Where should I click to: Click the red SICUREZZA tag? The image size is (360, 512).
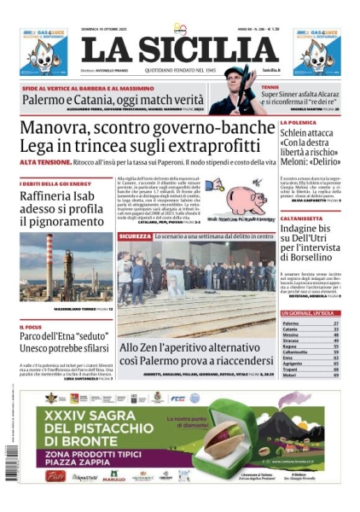pyautogui.click(x=135, y=235)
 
